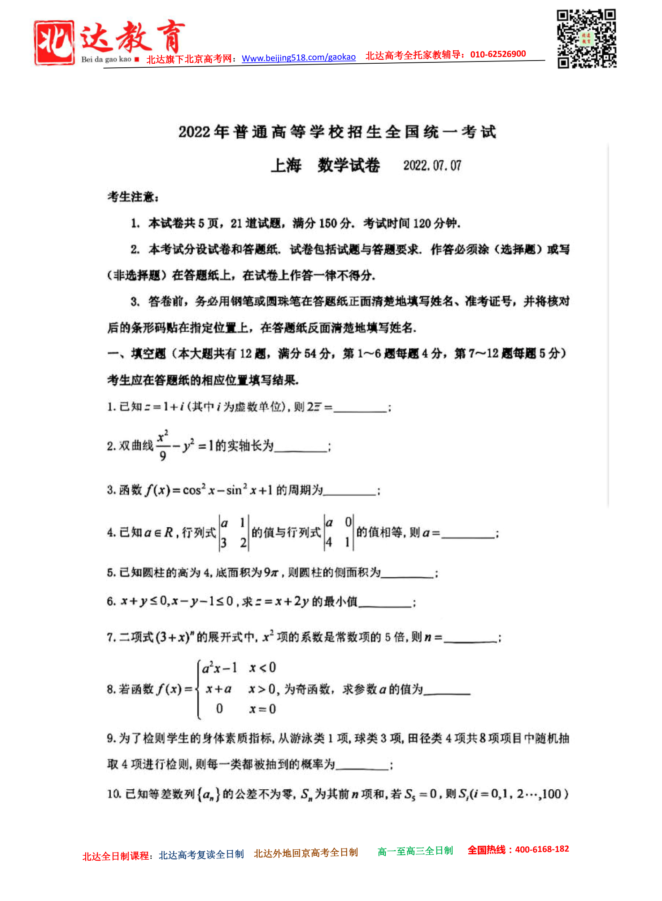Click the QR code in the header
coord(587,39)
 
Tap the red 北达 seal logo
coord(54,43)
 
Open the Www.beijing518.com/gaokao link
coord(298,58)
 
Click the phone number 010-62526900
coord(498,54)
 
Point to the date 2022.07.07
coord(432,166)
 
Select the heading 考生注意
coord(133,197)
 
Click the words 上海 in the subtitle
coord(286,166)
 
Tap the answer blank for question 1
coord(360,407)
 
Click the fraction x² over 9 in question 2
coord(163,445)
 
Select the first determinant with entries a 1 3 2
coord(234,533)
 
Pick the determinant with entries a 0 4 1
coord(339,533)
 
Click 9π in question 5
coord(271,573)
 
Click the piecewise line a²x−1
coord(220,669)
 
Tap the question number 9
coord(111,738)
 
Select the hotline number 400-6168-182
coord(542,849)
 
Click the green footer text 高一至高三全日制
coord(415,851)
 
